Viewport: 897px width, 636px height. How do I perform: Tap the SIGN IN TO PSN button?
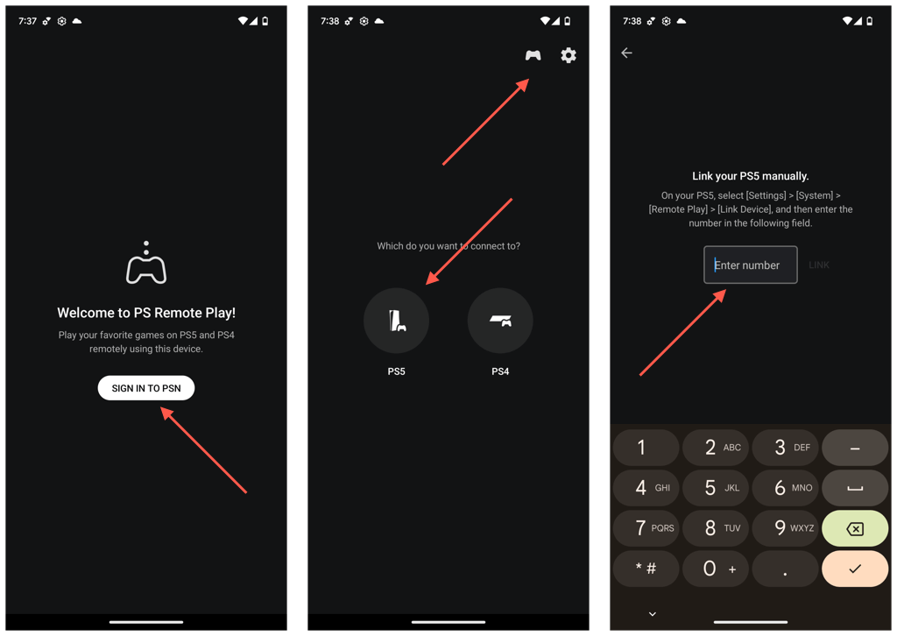coord(146,388)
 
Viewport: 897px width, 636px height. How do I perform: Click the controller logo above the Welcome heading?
coord(146,265)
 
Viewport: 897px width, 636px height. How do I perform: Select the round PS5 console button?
coord(397,321)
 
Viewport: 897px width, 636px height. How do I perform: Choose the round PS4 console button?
coord(500,321)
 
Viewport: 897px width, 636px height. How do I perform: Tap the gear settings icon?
coord(569,55)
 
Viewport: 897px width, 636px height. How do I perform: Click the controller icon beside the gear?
coord(533,55)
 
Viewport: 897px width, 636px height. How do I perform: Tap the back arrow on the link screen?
coord(626,53)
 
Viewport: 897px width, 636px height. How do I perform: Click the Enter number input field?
coord(751,265)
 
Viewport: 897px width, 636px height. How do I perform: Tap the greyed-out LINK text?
coord(819,265)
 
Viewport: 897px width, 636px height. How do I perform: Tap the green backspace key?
coord(855,528)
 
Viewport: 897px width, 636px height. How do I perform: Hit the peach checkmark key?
coord(855,569)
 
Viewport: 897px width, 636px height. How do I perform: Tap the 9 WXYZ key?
coord(786,528)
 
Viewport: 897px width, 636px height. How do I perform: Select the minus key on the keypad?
coord(855,448)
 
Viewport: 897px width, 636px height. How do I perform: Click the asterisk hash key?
coord(646,569)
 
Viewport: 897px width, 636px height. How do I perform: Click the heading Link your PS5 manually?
coord(751,176)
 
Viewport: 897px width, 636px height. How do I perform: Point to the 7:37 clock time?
coord(27,21)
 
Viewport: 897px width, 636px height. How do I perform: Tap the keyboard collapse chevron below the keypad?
coord(653,614)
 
